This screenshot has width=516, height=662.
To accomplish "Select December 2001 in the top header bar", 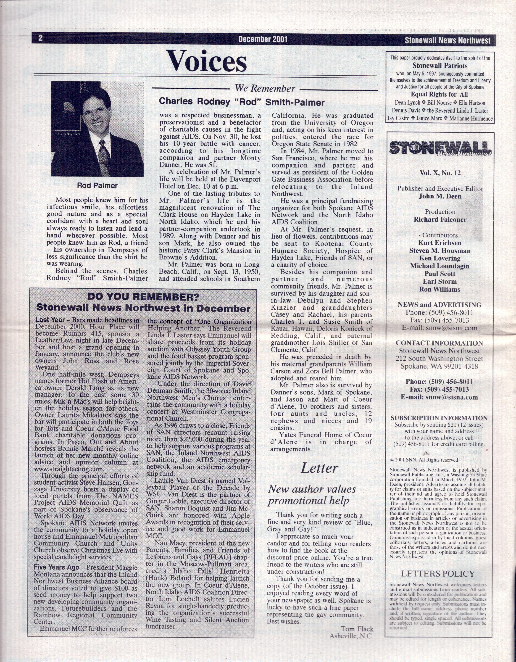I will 263,39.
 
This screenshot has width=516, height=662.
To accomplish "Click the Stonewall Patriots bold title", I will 440,66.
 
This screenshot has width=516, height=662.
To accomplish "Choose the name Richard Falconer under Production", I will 440,219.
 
